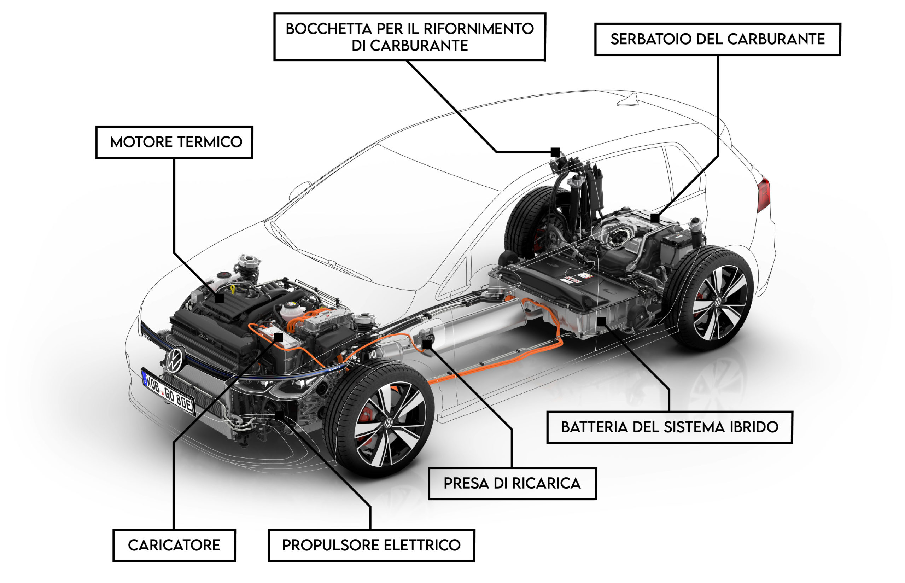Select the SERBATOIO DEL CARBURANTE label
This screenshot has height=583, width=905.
[717, 39]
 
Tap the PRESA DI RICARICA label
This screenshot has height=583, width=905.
[512, 483]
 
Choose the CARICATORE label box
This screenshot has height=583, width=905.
[174, 545]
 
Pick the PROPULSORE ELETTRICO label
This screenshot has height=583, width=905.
[371, 545]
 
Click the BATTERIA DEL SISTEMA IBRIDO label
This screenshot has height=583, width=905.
[669, 427]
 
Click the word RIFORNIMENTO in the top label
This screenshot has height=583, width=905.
[478, 29]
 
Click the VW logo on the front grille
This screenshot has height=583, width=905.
[175, 359]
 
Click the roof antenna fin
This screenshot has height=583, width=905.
[629, 100]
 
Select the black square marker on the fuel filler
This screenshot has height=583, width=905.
[555, 152]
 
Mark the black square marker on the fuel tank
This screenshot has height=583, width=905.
[655, 218]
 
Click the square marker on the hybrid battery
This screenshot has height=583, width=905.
[601, 322]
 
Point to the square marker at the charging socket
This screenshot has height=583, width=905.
[427, 344]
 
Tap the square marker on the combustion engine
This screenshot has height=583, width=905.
[219, 298]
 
